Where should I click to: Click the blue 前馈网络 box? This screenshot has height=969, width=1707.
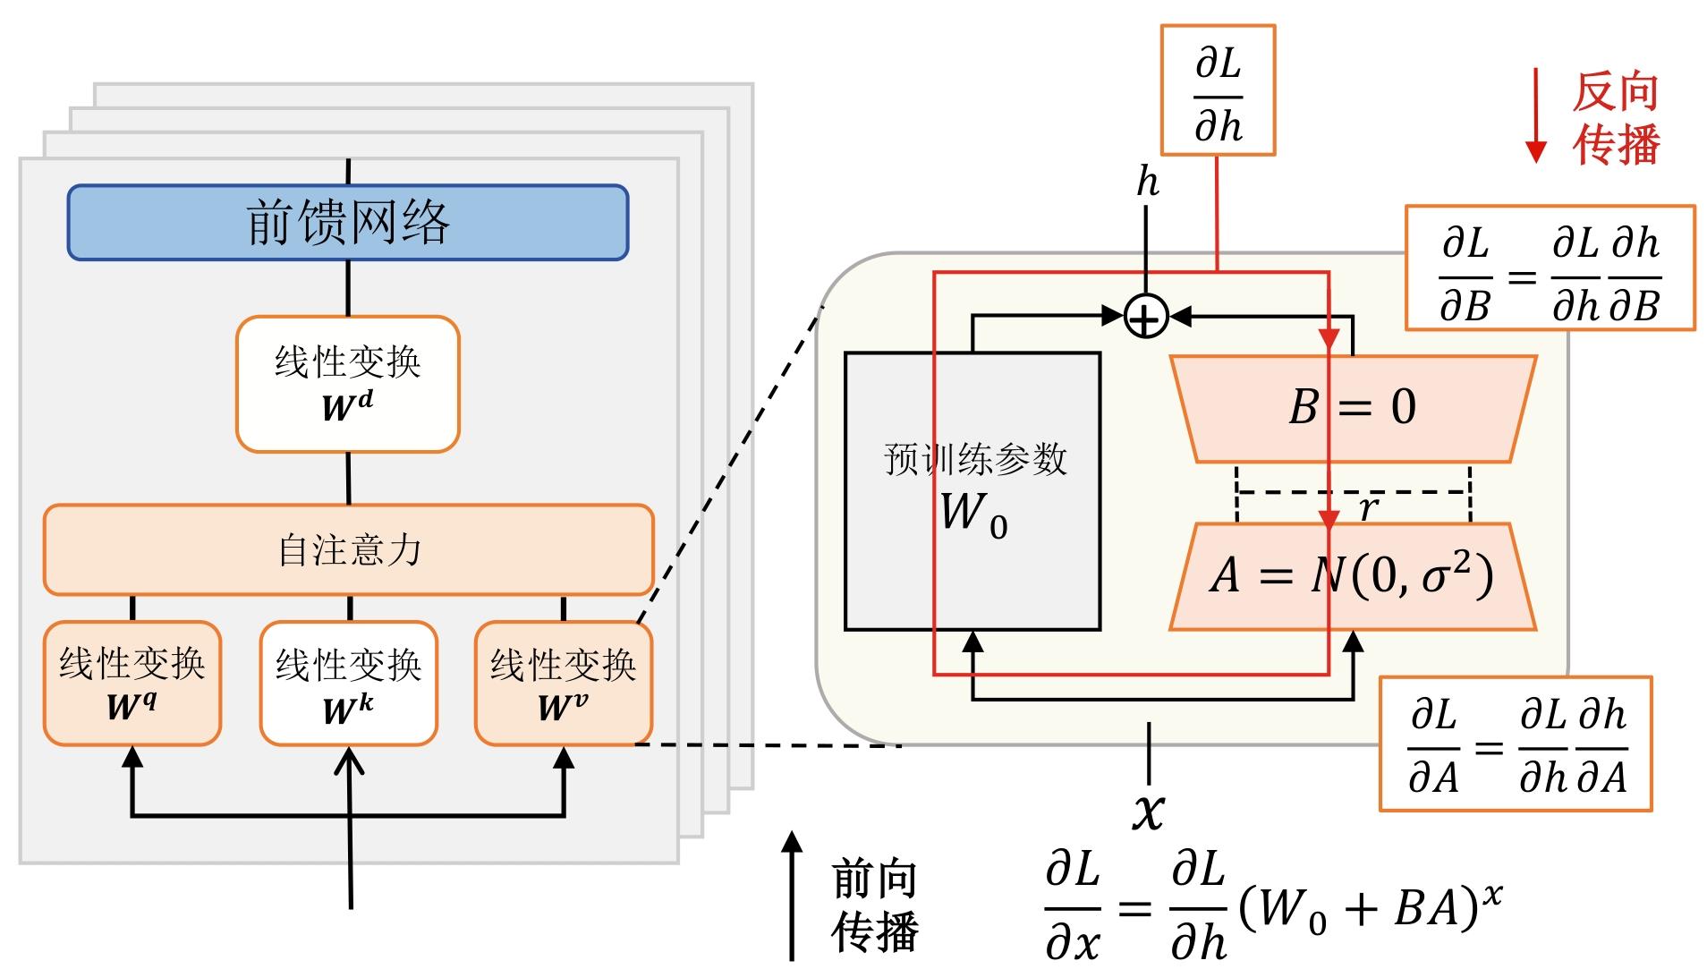pos(348,222)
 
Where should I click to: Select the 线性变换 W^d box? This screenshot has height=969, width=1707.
pos(348,384)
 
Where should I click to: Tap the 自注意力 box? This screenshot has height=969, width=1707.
pos(348,549)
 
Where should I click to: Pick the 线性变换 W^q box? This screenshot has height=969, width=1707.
pos(132,683)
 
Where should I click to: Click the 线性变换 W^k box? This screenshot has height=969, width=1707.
pos(348,683)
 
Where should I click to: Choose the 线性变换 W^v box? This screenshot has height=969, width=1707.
pos(564,683)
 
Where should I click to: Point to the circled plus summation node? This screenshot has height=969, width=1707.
pos(1146,316)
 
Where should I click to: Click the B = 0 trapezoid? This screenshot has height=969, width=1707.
pos(1352,409)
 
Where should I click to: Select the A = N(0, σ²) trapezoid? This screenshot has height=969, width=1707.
pos(1352,575)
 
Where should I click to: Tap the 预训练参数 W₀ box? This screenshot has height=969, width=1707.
pos(972,491)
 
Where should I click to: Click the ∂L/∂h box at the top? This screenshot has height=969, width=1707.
pos(1218,90)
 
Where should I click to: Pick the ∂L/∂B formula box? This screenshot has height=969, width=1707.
pos(1550,268)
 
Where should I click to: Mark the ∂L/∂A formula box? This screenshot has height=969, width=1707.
pos(1515,744)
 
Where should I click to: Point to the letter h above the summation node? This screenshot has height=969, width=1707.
pos(1147,183)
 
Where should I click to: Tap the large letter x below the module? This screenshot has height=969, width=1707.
pos(1149,811)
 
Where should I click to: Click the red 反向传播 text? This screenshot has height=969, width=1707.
pos(1616,117)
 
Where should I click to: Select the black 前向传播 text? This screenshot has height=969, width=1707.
pos(874,905)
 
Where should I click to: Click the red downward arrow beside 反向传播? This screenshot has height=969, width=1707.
pos(1536,116)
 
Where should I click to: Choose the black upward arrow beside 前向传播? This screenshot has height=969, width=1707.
pos(792,895)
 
